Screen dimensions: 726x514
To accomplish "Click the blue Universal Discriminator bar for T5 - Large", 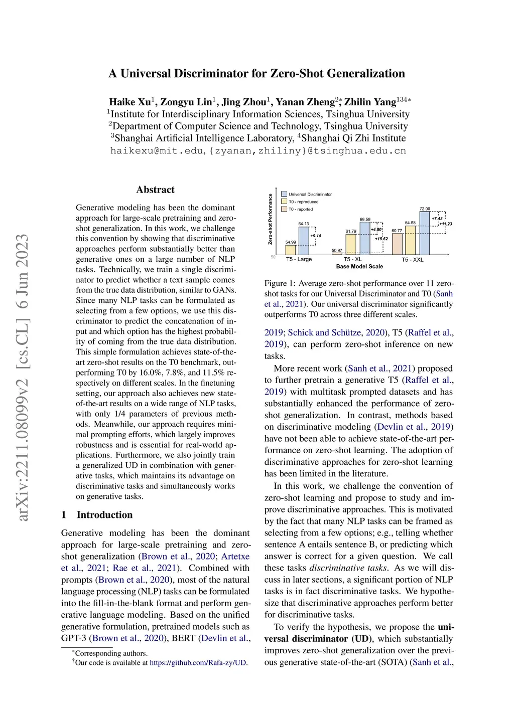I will pyautogui.click(x=304, y=241).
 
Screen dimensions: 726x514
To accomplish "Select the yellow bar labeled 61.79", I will pyautogui.click(x=351, y=244).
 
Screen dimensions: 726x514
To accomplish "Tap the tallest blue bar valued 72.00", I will pyautogui.click(x=424, y=233).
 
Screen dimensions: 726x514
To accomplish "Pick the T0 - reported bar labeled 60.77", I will pyautogui.click(x=397, y=244).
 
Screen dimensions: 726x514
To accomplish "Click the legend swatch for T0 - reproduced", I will pyautogui.click(x=284, y=202).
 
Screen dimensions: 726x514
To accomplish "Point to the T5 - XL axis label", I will pyautogui.click(x=352, y=259).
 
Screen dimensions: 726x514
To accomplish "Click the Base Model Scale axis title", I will pyautogui.click(x=359, y=266).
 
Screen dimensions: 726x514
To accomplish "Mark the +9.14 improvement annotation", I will pyautogui.click(x=316, y=236).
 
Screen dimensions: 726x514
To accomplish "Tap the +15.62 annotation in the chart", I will pyautogui.click(x=381, y=239).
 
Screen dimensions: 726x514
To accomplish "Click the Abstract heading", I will pyautogui.click(x=156, y=190).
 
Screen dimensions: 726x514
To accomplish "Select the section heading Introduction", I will pyautogui.click(x=104, y=515).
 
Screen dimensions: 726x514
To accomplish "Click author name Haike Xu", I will pyautogui.click(x=130, y=102).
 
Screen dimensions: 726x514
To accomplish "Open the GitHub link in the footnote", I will pyautogui.click(x=198, y=663).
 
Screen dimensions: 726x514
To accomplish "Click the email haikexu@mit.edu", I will pyautogui.click(x=157, y=150).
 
